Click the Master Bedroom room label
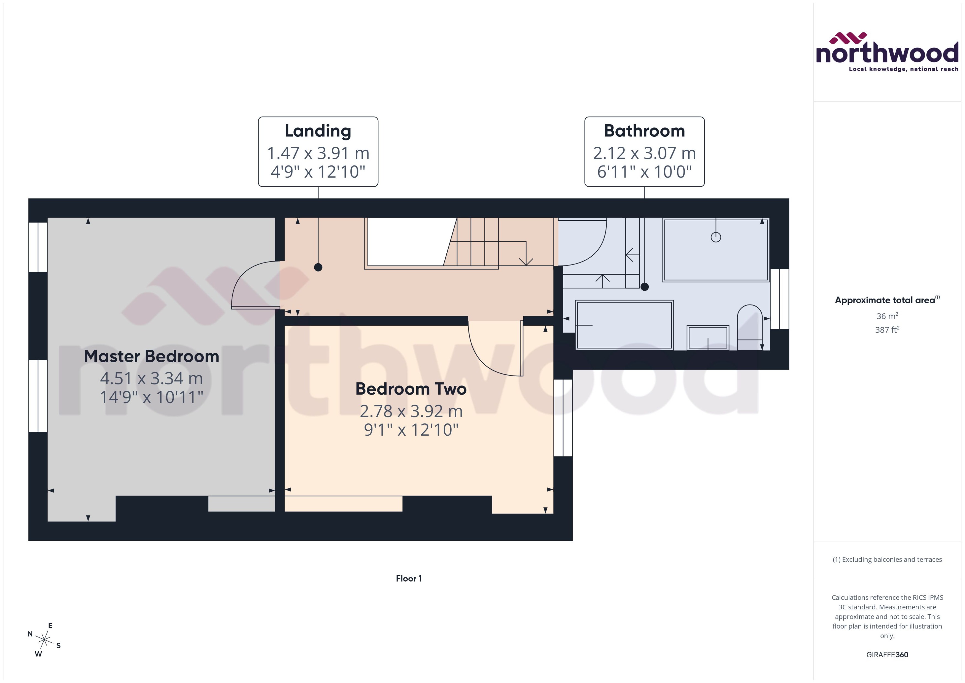[x=151, y=357]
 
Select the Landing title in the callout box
[x=318, y=131]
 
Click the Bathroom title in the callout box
[x=644, y=131]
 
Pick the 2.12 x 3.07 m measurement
[x=644, y=153]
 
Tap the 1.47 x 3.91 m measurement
[x=318, y=153]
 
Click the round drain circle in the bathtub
[x=716, y=237]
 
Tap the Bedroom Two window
[x=563, y=418]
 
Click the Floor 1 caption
[x=409, y=578]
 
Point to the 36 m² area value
[x=887, y=316]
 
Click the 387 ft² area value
[x=887, y=330]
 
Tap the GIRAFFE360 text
[x=887, y=654]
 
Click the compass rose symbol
[x=44, y=640]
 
